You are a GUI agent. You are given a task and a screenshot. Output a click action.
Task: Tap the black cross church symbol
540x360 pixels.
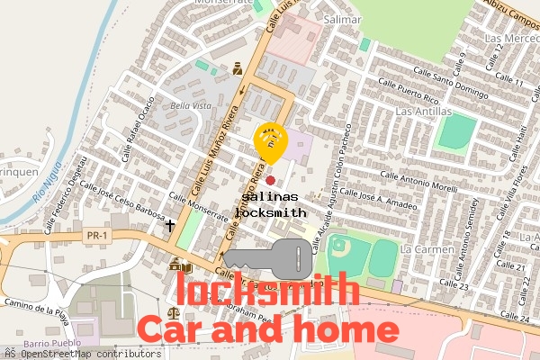tap(169, 224)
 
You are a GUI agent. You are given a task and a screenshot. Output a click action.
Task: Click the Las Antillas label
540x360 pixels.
tap(423, 111)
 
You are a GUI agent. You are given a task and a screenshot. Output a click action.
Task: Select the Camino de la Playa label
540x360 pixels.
tap(35, 304)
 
